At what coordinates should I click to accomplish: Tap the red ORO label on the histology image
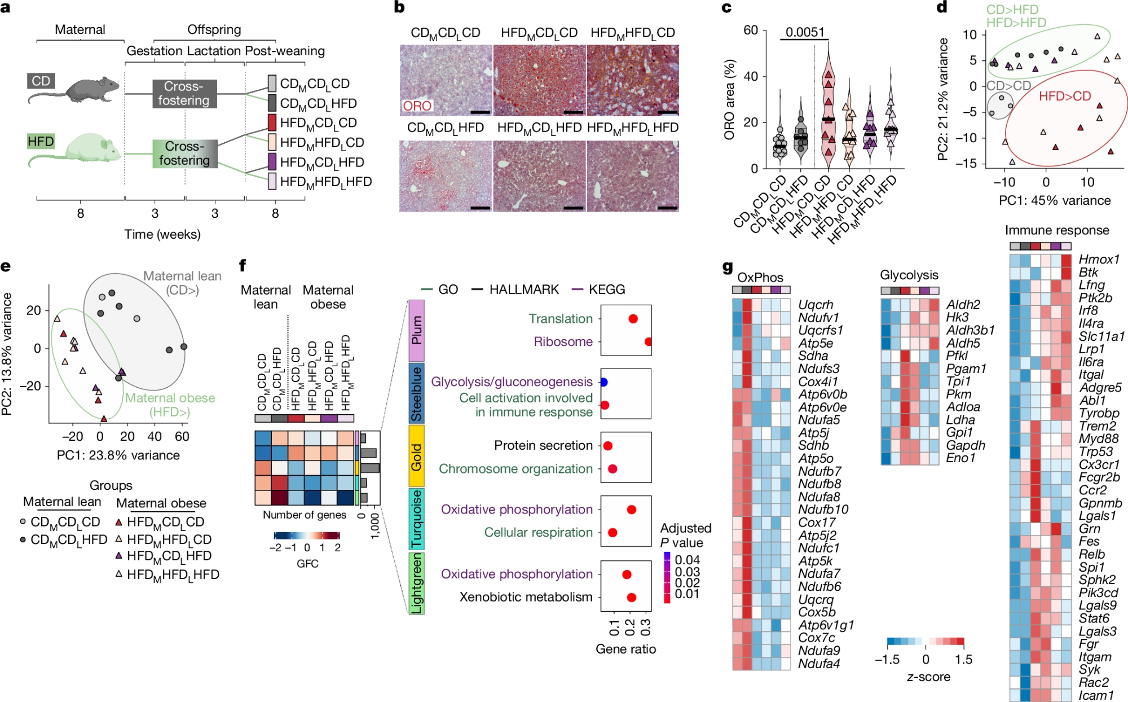coord(417,106)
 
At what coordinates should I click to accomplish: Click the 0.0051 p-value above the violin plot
coord(805,32)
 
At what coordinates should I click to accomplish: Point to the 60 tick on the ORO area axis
coord(751,30)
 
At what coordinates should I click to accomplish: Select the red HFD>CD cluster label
coord(1065,96)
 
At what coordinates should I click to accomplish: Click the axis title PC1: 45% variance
coord(1055,200)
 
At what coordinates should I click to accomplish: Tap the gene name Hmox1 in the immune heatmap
coord(1099,260)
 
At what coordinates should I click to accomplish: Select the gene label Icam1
coord(1096,695)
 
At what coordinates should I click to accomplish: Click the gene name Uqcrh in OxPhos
coord(816,305)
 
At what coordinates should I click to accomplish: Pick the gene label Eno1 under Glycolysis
coord(960,458)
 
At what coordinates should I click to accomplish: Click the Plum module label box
coord(416,330)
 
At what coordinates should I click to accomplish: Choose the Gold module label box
coord(416,457)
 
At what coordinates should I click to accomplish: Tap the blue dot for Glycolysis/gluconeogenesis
coord(604,382)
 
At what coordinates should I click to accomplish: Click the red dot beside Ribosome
coord(649,341)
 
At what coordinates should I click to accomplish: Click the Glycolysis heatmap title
coord(909,275)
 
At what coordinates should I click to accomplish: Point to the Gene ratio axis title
coord(625,649)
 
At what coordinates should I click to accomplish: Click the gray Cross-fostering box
coord(184,94)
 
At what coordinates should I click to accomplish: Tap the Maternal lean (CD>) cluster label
coord(182,283)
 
